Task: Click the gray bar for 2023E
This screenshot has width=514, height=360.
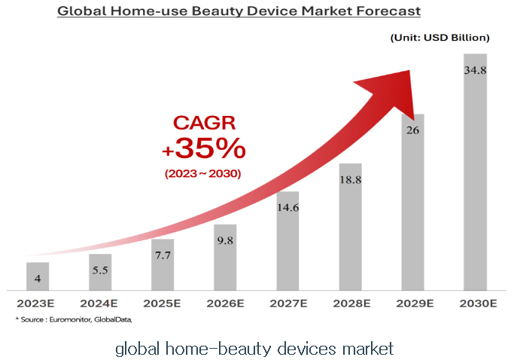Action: [37, 276]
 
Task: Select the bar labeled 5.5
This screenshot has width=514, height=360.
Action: [99, 272]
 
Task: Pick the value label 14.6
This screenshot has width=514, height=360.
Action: [287, 208]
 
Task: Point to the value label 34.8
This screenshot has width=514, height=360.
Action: [475, 70]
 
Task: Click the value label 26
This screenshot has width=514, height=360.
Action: [412, 130]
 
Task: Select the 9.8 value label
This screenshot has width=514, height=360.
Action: [225, 241]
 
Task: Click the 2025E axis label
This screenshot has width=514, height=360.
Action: [162, 304]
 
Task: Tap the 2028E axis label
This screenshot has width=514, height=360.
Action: [350, 304]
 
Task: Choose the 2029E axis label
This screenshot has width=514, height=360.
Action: [412, 304]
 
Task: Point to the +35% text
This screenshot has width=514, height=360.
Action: [203, 149]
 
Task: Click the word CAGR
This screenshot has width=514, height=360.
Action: [203, 123]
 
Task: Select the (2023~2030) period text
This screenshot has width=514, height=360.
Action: [203, 174]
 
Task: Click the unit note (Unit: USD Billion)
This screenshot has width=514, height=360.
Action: [439, 37]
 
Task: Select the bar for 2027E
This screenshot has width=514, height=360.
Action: [287, 241]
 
